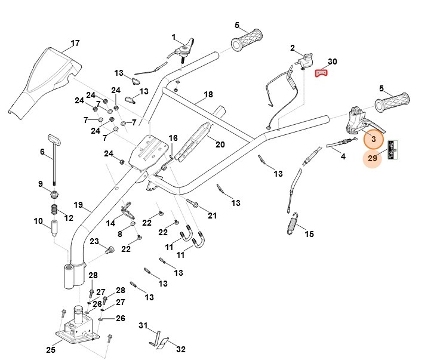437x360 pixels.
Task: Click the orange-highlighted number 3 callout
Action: [374, 139]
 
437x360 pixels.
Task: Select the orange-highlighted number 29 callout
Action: [373, 159]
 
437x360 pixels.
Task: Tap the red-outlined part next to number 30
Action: [322, 73]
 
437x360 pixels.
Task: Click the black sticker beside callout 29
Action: [392, 150]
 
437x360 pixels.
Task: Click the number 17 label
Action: [75, 44]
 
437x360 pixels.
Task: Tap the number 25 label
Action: [51, 349]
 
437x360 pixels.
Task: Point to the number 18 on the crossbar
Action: [208, 95]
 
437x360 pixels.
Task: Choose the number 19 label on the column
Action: [78, 205]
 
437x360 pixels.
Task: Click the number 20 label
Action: [220, 144]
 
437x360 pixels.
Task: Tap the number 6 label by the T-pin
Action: [42, 152]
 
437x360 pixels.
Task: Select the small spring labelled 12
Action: [54, 211]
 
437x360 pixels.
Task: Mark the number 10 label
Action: [38, 221]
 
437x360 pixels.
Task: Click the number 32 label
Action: [181, 349]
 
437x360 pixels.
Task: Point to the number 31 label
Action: [143, 325]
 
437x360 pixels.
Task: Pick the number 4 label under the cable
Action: [343, 157]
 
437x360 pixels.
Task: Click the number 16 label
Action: [173, 139]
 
